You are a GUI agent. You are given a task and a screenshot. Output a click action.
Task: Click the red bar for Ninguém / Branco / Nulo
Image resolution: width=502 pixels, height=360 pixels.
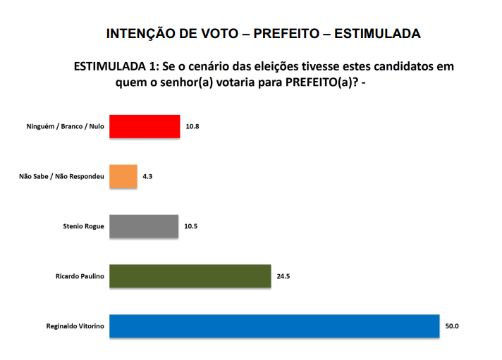pos(145,127)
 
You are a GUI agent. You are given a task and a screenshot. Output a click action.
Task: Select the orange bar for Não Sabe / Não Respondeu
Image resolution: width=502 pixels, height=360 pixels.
pos(123,176)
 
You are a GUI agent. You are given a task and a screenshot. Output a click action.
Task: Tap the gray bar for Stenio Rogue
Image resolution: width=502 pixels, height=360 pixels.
pos(144,226)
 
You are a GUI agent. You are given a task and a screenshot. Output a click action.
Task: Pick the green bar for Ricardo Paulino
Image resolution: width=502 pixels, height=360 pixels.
pos(190,276)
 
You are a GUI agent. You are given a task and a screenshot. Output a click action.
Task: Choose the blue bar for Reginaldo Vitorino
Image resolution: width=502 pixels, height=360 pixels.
pos(274,326)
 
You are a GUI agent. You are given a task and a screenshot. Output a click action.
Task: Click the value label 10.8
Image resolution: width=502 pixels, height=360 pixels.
pos(193,127)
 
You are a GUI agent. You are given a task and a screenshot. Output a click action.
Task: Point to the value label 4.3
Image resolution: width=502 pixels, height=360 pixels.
pos(147,176)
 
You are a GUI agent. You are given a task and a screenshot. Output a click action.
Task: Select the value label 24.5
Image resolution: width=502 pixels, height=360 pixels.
pos(283,276)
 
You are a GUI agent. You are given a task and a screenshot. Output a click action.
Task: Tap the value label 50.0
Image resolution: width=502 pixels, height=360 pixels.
pos(452,326)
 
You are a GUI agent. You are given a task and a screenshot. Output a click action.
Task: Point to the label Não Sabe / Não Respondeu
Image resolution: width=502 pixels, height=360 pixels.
pos(62,176)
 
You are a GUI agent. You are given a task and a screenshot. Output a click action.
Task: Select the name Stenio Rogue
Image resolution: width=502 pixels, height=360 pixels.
pos(84,226)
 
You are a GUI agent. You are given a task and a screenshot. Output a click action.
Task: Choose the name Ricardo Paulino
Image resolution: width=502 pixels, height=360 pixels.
pos(80,276)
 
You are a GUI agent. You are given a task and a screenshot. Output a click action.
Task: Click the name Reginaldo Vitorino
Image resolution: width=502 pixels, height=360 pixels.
pos(75,326)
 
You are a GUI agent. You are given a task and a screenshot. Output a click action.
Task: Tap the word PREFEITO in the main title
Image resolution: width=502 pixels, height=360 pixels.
pos(285,34)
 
